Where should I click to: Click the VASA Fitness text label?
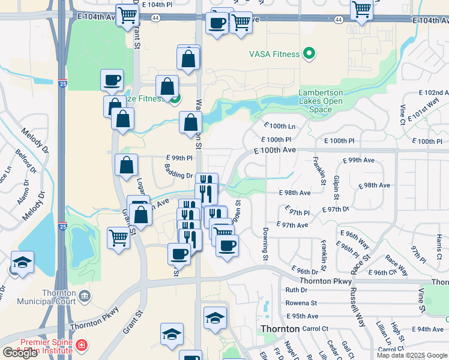(x=274, y=55)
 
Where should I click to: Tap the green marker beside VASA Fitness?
(x=310, y=55)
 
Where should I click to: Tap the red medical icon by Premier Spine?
(x=80, y=346)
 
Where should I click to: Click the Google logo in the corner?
(x=20, y=353)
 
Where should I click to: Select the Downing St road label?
(x=265, y=244)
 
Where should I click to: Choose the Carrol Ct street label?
(x=316, y=329)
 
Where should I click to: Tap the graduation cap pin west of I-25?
(x=23, y=262)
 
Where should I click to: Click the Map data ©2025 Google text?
(x=412, y=355)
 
